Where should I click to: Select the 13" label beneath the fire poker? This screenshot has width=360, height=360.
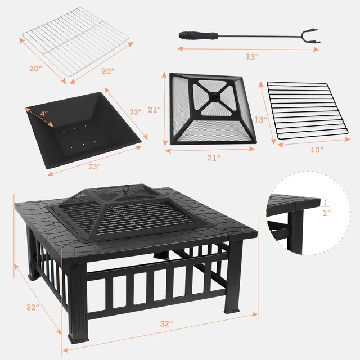click(252, 57)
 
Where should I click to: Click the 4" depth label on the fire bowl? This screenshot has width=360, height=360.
click(44, 113)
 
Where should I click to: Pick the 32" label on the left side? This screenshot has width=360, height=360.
click(31, 307)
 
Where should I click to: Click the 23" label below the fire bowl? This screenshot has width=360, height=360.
click(94, 166)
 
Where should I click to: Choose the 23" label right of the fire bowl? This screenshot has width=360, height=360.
click(135, 112)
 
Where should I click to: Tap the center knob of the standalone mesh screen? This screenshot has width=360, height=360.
click(213, 96)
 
